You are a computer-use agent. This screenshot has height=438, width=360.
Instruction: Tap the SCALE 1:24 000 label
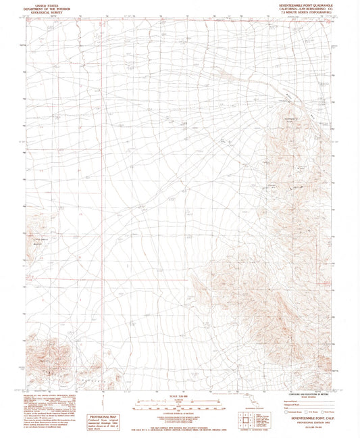tap(179, 397)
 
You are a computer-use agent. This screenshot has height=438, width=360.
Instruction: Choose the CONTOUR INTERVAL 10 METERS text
tap(179, 414)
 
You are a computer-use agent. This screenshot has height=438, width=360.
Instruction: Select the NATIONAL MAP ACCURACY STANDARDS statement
tap(179, 420)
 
